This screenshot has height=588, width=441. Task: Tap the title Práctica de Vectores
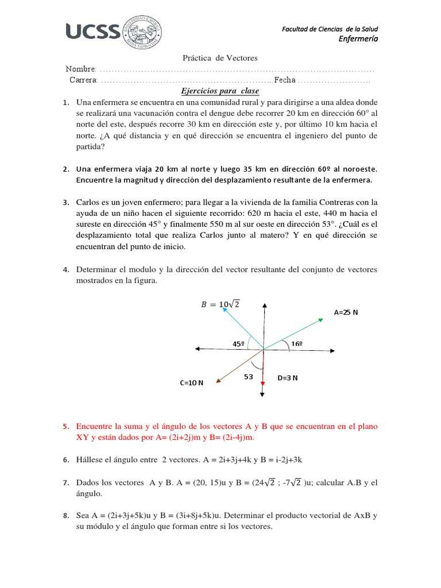220,58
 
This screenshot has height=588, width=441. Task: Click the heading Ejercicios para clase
220,91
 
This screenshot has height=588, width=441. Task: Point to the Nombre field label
82,69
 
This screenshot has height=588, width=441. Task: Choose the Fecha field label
285,80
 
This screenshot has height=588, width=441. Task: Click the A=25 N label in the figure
346,313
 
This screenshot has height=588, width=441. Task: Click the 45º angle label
239,344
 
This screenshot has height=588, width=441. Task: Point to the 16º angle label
296,344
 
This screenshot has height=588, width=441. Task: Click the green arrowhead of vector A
320,319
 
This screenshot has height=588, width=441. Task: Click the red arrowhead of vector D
262,383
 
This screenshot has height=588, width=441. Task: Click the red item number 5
66,427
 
